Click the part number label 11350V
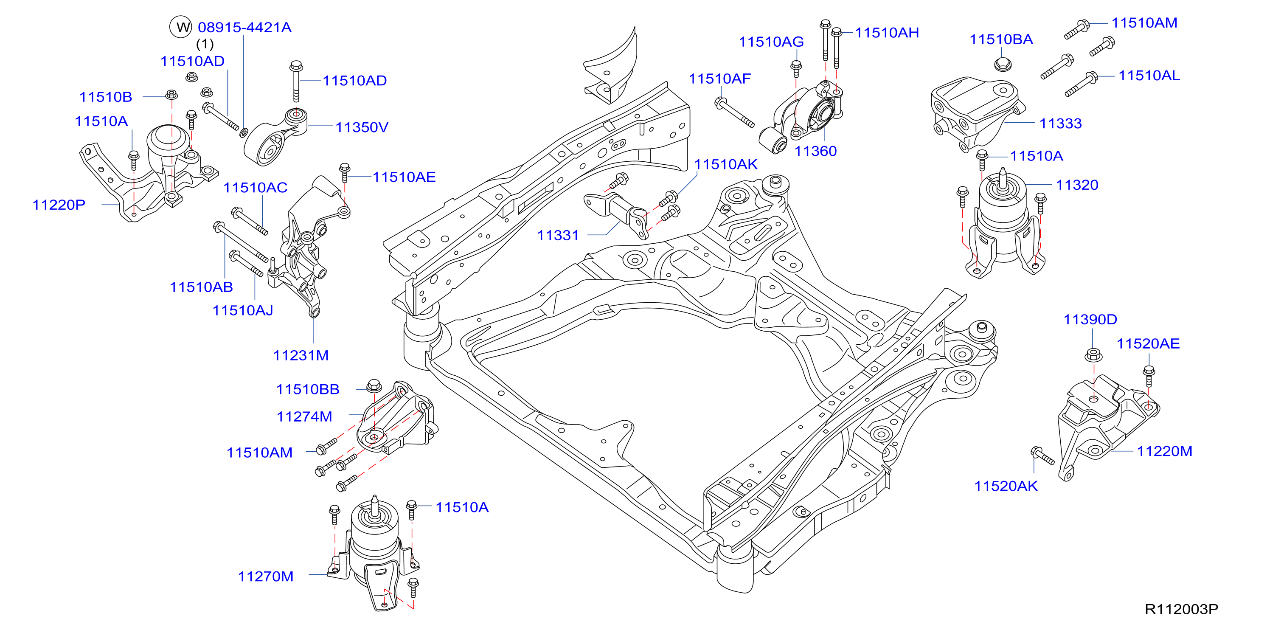362,127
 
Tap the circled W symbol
180,27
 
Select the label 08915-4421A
244,27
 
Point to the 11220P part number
59,205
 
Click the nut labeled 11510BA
1001,64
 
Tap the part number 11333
1060,124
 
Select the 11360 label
815,151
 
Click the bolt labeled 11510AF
734,112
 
